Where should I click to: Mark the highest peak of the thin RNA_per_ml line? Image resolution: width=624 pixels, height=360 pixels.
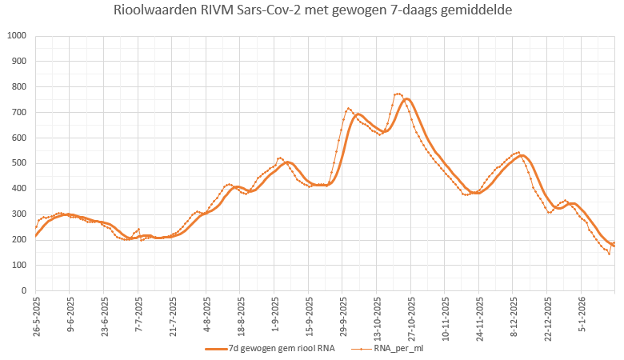click(x=398, y=94)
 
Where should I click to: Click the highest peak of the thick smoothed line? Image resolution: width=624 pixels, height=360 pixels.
click(x=406, y=99)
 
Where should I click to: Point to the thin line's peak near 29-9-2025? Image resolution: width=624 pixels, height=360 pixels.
click(x=348, y=108)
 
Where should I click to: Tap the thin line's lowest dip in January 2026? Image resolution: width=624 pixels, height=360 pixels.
click(x=609, y=254)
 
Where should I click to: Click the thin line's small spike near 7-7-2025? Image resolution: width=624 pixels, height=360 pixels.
click(x=138, y=229)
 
